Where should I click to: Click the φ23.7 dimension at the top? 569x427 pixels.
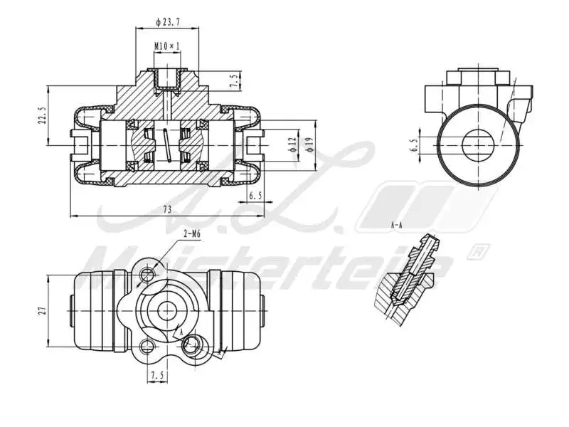(168, 22)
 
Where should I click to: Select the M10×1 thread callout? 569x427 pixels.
(167, 46)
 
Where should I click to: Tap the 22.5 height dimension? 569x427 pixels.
(41, 116)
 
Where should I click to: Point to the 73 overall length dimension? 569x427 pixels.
(167, 209)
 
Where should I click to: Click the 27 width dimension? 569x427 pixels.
(42, 310)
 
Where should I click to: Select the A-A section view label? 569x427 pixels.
(397, 224)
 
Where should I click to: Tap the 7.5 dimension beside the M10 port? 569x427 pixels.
(234, 80)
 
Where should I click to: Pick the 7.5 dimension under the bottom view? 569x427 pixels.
(157, 375)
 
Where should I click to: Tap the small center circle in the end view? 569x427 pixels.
(477, 145)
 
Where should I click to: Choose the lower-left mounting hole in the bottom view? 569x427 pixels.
(147, 347)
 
